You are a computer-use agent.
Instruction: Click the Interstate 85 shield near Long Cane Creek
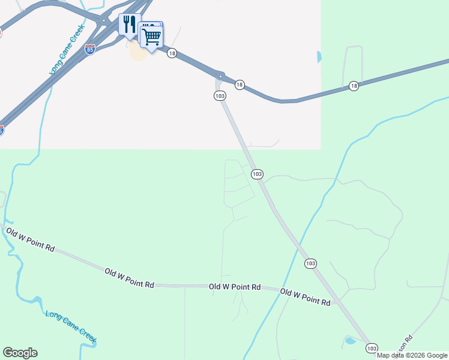click(x=90, y=49)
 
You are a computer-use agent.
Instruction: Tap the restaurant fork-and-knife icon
click(x=130, y=25)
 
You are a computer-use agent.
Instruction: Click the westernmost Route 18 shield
click(x=172, y=53)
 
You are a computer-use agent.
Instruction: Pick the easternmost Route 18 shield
click(x=354, y=86)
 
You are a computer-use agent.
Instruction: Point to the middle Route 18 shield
click(x=240, y=85)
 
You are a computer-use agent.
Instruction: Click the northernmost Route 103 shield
click(x=220, y=96)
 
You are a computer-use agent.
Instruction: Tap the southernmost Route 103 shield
click(x=372, y=348)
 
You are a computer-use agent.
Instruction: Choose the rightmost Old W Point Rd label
click(x=306, y=298)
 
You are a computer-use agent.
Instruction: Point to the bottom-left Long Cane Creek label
click(x=71, y=328)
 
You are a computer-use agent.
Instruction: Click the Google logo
click(x=20, y=353)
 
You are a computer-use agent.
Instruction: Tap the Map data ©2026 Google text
click(x=412, y=355)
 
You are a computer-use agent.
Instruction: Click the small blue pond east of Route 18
click(x=319, y=58)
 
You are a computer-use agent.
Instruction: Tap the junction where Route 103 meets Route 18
click(x=220, y=76)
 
